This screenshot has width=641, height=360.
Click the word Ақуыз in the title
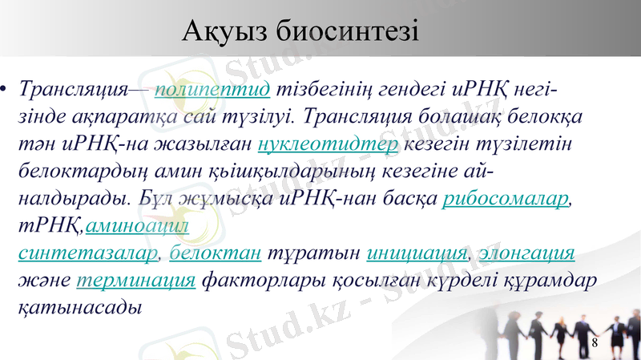[x=224, y=32]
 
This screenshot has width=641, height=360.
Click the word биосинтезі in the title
[x=346, y=32]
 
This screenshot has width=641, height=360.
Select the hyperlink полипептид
[x=212, y=87]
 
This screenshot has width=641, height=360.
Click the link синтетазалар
[x=88, y=254]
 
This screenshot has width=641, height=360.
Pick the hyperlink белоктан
[x=216, y=254]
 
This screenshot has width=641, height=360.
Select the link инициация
[x=417, y=254]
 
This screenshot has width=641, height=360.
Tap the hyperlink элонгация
[x=526, y=254]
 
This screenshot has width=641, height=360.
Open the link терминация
[x=136, y=281]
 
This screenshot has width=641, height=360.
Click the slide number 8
[x=594, y=344]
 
